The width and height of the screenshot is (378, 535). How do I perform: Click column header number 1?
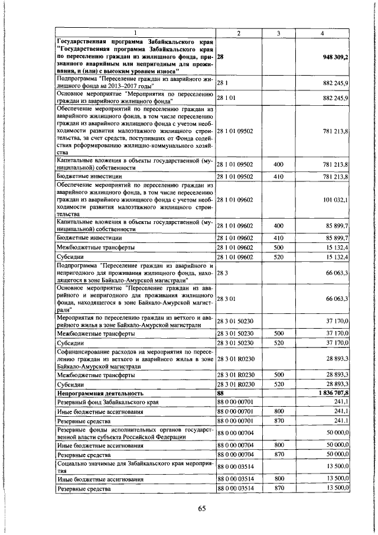(135, 33)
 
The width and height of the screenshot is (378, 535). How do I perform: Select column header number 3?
(278, 33)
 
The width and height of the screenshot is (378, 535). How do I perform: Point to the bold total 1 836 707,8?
(328, 393)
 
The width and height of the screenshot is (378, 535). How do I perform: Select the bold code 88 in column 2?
(221, 393)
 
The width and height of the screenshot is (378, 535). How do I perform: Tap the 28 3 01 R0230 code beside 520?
(235, 384)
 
